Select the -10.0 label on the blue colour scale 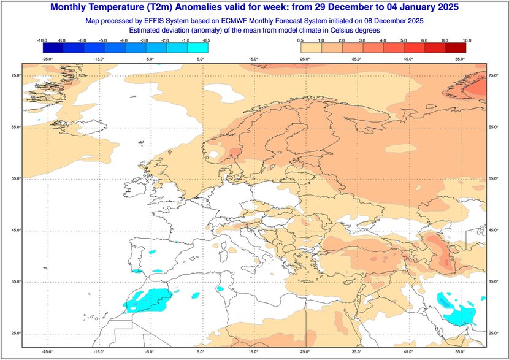[42, 40]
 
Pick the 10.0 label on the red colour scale [467, 40]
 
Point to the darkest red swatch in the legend [456, 48]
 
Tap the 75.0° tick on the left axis [13, 75]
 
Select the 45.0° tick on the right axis [495, 230]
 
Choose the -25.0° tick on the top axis [46, 59]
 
